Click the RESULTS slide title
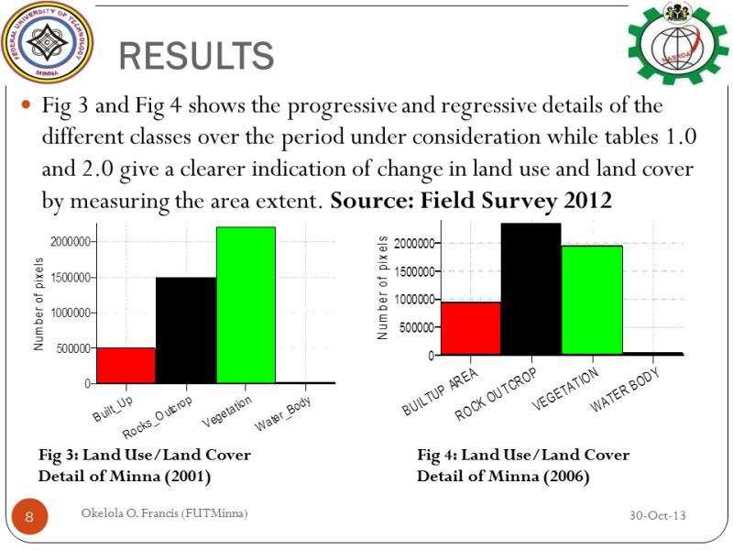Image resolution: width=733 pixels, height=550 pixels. (197, 56)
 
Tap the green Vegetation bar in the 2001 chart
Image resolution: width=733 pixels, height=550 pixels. (246, 304)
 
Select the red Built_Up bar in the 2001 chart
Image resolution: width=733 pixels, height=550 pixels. (126, 365)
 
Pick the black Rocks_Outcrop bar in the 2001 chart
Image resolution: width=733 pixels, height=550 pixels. (186, 330)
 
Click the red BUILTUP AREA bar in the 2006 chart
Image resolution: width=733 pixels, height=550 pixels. (471, 328)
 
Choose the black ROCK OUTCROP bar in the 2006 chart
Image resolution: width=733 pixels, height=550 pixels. (531, 289)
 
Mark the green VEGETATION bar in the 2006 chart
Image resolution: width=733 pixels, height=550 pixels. (592, 300)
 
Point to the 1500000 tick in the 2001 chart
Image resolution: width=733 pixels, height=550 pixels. (68, 278)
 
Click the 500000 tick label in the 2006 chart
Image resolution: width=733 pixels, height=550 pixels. (415, 327)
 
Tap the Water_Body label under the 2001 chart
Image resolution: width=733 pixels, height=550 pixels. (283, 415)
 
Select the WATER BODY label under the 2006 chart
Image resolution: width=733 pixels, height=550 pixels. (626, 390)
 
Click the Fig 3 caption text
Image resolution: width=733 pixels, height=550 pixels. (144, 466)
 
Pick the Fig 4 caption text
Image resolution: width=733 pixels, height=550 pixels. (523, 466)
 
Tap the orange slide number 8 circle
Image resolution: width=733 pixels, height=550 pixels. (29, 518)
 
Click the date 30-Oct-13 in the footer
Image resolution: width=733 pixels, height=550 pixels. (657, 515)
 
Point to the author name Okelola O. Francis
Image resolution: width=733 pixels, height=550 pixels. (164, 512)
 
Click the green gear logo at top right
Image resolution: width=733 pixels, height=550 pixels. (678, 44)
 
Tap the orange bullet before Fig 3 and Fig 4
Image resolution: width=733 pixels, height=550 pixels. (26, 105)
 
